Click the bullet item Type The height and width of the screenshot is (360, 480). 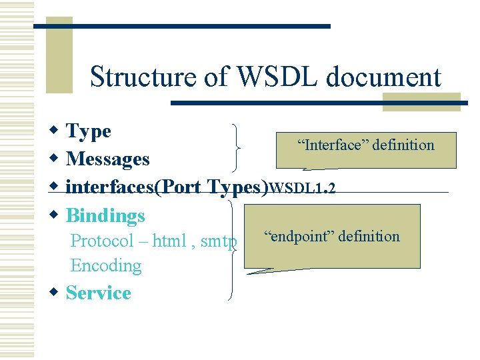click(x=89, y=131)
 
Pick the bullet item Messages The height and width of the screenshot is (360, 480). click(x=108, y=159)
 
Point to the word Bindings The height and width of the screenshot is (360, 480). click(x=105, y=215)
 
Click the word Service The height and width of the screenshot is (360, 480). click(x=99, y=293)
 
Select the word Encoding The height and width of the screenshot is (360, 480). click(x=106, y=265)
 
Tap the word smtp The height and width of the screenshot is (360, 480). click(x=219, y=241)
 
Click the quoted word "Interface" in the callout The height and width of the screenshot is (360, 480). click(x=334, y=145)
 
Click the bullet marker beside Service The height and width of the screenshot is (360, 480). click(x=55, y=292)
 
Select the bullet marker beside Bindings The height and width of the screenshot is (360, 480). click(x=55, y=215)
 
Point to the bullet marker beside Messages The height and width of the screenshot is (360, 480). click(x=55, y=159)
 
